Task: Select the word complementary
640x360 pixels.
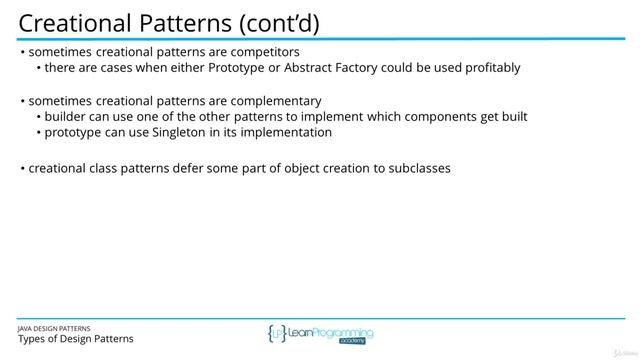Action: (272, 101)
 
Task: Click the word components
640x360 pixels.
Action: (438, 117)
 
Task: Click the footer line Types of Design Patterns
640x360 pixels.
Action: (75, 339)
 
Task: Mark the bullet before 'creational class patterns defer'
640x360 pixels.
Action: (22, 168)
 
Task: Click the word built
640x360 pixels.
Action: (513, 117)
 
